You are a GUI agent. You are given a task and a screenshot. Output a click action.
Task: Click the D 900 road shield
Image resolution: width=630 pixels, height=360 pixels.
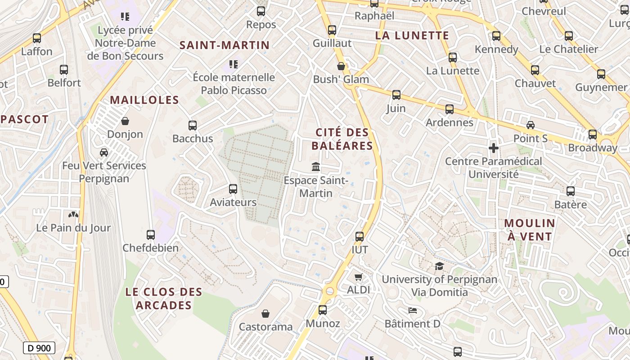(x=39, y=347)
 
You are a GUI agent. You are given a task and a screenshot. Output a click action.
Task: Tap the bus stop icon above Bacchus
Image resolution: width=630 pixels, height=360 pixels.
(x=193, y=126)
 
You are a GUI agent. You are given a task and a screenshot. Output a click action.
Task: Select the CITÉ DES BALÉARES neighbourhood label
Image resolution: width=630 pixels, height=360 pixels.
(x=342, y=139)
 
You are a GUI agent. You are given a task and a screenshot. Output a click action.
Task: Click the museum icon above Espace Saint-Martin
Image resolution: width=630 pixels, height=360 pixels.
(x=316, y=167)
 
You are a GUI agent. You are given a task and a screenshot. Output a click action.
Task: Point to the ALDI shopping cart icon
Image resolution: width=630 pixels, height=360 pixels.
(x=358, y=277)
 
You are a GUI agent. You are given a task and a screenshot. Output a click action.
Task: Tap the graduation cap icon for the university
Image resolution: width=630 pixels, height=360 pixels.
(x=439, y=266)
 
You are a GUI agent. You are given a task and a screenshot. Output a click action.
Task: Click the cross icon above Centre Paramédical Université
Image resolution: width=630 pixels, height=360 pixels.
(x=494, y=148)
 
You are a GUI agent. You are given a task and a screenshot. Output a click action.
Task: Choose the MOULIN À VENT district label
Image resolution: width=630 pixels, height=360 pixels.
(x=530, y=229)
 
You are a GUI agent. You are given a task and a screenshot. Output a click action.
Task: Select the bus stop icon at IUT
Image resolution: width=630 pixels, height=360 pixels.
(x=360, y=237)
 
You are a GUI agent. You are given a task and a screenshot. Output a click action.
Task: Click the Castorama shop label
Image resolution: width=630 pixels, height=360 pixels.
(x=265, y=327)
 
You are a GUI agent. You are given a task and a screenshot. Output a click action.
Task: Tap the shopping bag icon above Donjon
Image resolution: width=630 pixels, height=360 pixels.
(x=125, y=121)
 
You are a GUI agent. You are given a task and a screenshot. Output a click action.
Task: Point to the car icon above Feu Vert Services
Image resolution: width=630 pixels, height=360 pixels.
(x=104, y=153)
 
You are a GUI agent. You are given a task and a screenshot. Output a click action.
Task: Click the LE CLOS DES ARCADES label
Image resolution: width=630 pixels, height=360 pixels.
(x=164, y=298)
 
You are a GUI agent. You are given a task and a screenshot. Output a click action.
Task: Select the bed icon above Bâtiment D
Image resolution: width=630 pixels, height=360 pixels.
(x=413, y=310)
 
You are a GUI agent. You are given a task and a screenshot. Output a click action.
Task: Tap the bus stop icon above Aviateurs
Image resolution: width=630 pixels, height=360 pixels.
(x=233, y=189)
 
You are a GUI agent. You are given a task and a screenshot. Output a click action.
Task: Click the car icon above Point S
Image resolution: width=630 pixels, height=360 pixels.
(x=531, y=125)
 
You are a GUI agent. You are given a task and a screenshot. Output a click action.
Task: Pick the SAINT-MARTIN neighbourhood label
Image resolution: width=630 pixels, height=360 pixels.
(x=225, y=45)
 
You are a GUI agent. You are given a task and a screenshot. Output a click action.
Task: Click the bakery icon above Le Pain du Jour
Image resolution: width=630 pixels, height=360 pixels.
(x=73, y=215)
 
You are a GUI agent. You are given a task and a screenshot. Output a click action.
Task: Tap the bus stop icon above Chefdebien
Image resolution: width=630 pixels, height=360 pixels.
(x=151, y=235)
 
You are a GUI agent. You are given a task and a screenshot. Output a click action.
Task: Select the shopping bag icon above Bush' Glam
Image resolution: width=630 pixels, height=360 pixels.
(x=341, y=66)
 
